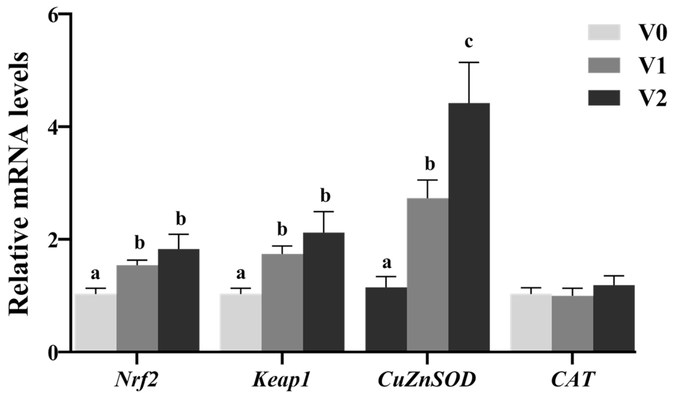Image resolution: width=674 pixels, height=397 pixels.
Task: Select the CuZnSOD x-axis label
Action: coord(427,380)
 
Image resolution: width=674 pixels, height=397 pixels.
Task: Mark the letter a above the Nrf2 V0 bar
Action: coord(96,274)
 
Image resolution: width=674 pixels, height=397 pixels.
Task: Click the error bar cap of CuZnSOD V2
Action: coord(469,62)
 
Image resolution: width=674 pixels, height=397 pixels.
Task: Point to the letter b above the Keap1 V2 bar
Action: coord(325,197)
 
